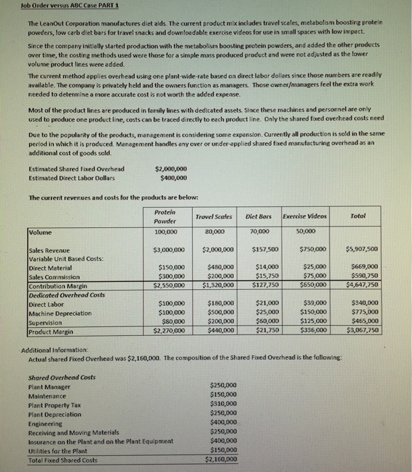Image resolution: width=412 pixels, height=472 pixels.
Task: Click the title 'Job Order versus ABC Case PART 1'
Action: (x=51, y=7)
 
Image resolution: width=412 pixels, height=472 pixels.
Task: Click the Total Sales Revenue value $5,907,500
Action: (x=364, y=249)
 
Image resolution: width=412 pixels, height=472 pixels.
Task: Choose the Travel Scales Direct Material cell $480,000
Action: (x=218, y=266)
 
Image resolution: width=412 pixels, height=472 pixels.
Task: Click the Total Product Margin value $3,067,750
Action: (x=364, y=330)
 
